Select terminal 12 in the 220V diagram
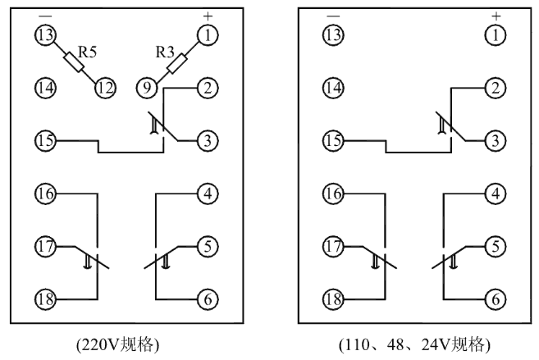click(103, 86)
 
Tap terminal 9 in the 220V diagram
click(144, 86)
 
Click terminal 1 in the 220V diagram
click(208, 34)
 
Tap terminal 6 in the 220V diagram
click(208, 298)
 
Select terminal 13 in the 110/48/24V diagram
click(331, 34)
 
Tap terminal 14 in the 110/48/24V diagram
click(331, 86)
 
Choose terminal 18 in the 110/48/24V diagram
click(331, 298)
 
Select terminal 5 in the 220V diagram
click(208, 246)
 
